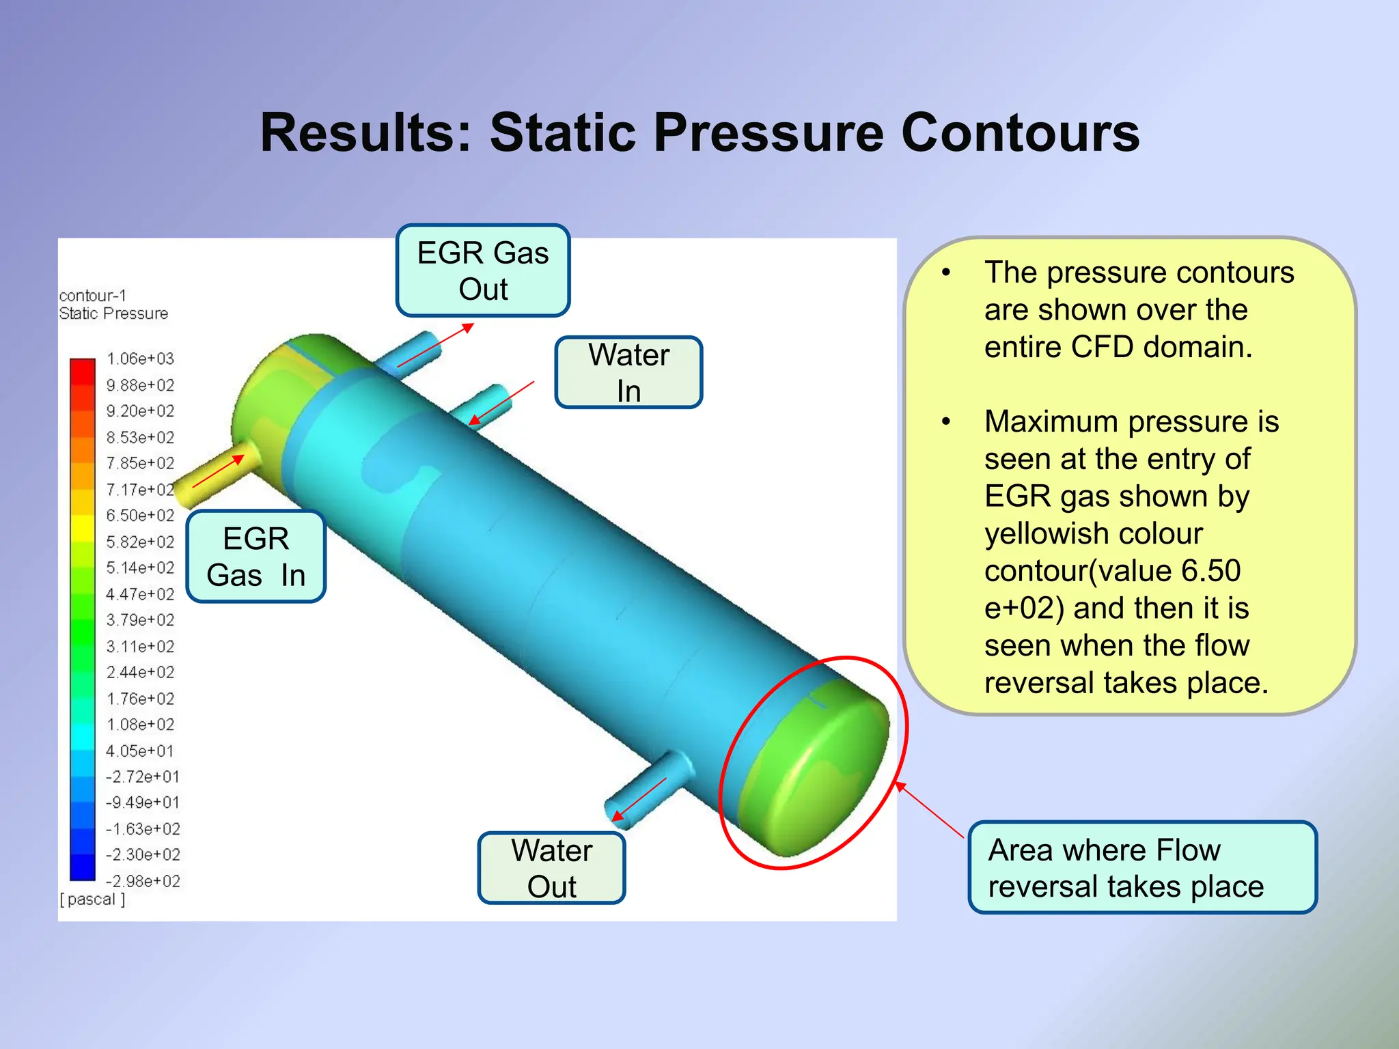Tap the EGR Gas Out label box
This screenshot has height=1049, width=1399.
pos(483,270)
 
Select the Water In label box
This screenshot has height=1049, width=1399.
pos(628,372)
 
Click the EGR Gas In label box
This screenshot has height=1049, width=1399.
pos(255,557)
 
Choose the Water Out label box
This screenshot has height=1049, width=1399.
pos(551,868)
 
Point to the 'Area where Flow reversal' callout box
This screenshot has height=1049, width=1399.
pos(1142,867)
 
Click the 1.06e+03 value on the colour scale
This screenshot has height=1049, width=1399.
pos(140,359)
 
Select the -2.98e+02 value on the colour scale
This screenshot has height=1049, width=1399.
pos(143,881)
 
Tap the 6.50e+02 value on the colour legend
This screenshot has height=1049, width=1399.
pos(140,516)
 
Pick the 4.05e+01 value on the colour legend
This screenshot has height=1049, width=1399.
pos(140,751)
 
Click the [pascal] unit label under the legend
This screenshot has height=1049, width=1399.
pos(92,899)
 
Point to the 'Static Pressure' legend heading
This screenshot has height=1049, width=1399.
pos(113,313)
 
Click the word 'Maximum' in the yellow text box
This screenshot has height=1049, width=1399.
pos(1051,421)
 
